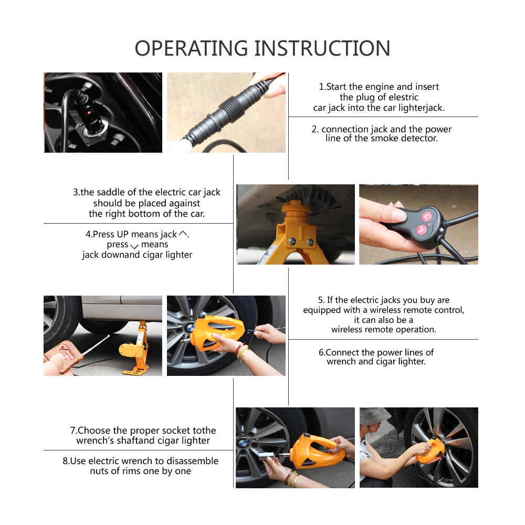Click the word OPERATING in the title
191,48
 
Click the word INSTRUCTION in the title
322,48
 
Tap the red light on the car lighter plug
89,112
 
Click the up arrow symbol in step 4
183,234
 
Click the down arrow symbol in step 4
134,246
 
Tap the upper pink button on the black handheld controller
426,217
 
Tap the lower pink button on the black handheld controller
421,230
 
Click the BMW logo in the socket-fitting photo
243,444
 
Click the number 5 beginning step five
321,300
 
